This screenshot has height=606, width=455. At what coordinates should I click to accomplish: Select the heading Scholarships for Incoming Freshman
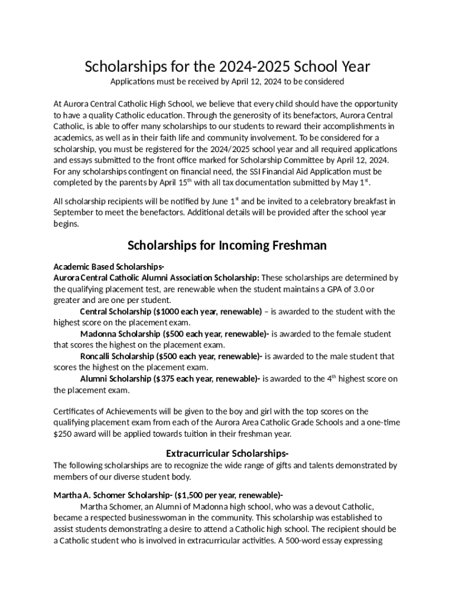(227, 245)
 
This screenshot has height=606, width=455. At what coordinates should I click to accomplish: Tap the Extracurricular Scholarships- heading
(227, 453)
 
